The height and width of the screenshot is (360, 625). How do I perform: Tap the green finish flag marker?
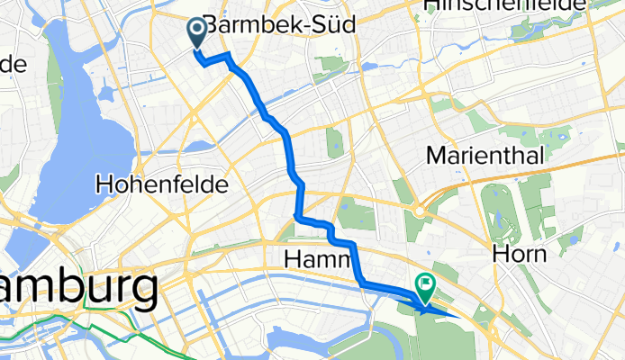423,287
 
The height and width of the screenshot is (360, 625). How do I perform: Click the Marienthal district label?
485,156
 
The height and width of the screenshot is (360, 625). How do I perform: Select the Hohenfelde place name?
161,185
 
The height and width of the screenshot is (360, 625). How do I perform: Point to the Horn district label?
520,254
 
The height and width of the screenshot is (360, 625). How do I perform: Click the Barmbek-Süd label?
275,26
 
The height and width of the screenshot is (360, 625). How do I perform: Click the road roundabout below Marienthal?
421,211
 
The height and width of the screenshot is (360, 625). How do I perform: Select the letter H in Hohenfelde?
103,185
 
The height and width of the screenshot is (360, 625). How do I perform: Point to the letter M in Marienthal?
436,156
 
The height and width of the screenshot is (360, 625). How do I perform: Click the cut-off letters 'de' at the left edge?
13,65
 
